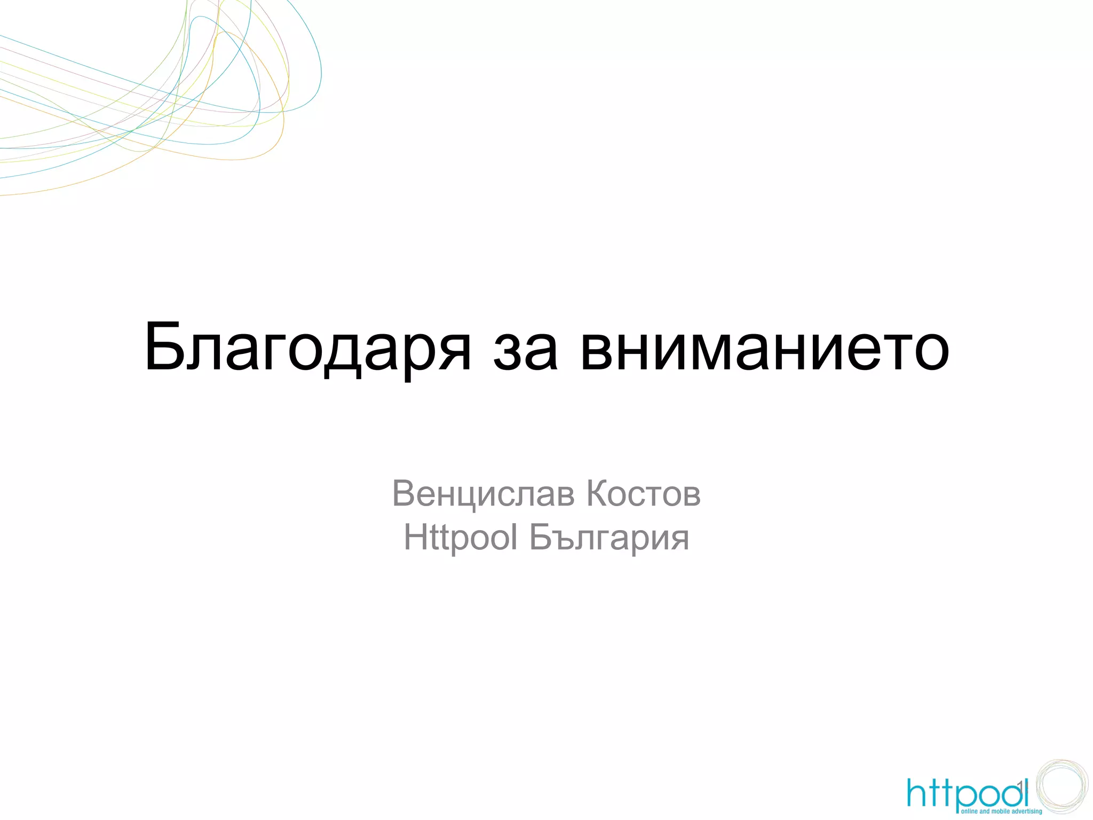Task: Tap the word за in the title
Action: point(526,352)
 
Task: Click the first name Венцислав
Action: point(484,494)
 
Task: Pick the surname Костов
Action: point(644,493)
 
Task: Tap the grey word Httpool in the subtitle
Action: point(461,537)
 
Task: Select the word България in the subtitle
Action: point(609,538)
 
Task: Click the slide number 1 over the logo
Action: point(1020,785)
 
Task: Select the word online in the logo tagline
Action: point(970,811)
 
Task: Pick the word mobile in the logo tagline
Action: point(1000,811)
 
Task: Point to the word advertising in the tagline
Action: point(1028,811)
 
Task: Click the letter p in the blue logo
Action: point(964,798)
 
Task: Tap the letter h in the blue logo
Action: point(917,792)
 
